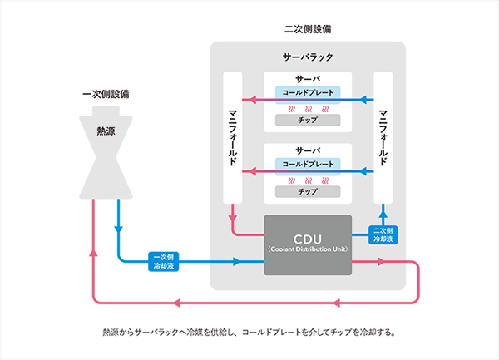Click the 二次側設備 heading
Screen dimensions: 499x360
[308, 29]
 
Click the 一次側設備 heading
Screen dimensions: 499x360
[106, 94]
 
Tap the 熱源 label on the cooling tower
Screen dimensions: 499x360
[106, 131]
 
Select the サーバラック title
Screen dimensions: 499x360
[308, 57]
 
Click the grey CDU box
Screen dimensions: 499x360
[308, 245]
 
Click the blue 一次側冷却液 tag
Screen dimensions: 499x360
[164, 261]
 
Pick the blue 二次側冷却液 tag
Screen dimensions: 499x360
[383, 234]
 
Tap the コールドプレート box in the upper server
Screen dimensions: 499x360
[308, 95]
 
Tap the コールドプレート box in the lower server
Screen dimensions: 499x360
[308, 166]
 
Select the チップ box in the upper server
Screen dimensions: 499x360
[308, 120]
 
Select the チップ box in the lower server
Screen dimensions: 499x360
[308, 191]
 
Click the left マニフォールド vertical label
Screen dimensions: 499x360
[233, 138]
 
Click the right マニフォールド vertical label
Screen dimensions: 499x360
[383, 138]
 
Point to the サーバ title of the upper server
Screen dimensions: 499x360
[308, 79]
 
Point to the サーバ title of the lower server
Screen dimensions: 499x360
[308, 150]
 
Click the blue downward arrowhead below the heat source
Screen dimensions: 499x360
[118, 229]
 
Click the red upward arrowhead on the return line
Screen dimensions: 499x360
[93, 252]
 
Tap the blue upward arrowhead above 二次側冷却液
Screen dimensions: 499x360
[383, 214]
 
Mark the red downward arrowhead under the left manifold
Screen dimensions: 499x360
[233, 219]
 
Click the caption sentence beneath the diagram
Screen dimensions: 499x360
[249, 333]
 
